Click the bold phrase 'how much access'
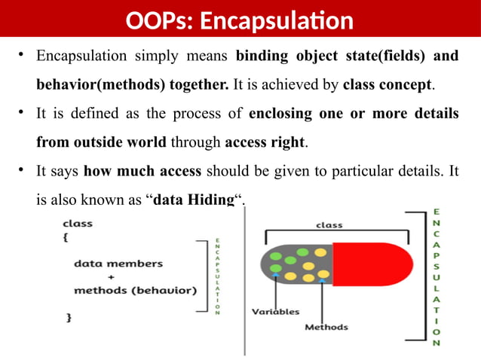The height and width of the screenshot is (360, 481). tap(142, 171)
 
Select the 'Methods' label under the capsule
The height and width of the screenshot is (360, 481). tap(326, 327)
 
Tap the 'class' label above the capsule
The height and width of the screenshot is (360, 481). tap(329, 224)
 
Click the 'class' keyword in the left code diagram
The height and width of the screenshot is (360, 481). tap(77, 223)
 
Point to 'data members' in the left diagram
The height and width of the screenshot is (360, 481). tap(118, 264)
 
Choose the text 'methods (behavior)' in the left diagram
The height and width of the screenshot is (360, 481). tap(134, 290)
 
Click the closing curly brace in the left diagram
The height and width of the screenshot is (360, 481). tap(69, 318)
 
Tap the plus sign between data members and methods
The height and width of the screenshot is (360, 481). tap(111, 276)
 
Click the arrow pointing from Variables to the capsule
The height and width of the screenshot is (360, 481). tap(276, 290)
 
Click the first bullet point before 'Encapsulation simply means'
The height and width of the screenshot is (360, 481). tap(23, 56)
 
